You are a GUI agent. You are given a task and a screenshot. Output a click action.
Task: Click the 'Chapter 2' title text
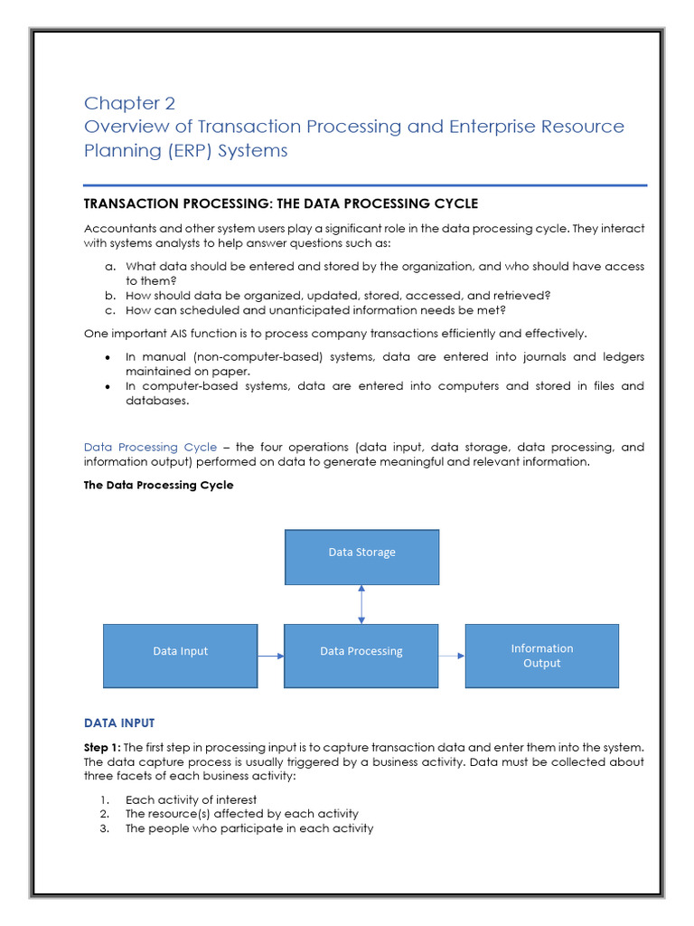click(129, 103)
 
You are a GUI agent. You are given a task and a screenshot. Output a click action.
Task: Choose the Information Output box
click(541, 656)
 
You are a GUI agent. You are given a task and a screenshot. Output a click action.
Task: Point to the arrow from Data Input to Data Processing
click(270, 656)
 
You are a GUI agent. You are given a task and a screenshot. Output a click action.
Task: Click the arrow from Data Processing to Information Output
click(451, 656)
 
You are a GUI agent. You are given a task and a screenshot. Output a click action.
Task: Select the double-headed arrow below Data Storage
click(361, 604)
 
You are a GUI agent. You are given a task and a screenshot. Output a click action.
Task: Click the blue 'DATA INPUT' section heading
click(119, 723)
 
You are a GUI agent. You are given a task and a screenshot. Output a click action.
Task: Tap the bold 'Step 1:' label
click(102, 747)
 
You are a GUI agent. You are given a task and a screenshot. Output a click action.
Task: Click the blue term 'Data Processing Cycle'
click(150, 447)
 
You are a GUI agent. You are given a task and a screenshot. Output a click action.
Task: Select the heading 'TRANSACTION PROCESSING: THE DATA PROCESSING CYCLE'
click(281, 203)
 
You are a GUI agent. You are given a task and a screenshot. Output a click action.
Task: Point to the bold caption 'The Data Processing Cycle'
click(158, 485)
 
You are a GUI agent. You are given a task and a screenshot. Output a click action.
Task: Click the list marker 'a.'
click(110, 267)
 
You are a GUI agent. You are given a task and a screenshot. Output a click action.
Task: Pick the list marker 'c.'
click(110, 310)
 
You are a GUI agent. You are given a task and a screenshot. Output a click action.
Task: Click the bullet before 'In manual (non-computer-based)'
click(108, 357)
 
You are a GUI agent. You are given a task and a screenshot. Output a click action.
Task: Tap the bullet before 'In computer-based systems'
click(108, 386)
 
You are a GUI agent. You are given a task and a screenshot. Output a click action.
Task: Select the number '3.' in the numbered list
click(105, 828)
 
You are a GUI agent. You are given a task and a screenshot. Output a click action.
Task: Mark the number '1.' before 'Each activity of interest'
click(105, 799)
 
